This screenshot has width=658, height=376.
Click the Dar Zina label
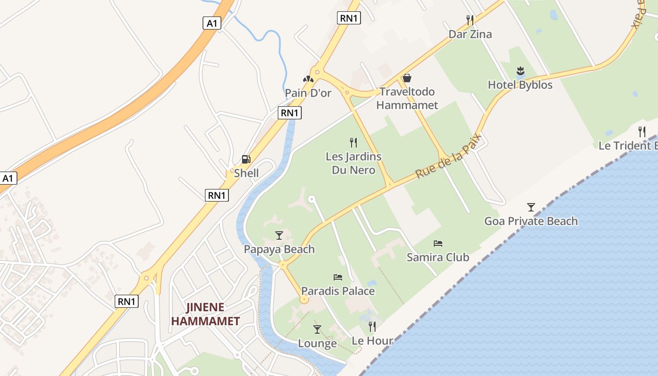[470, 34]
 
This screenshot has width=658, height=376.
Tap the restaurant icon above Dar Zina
[470, 20]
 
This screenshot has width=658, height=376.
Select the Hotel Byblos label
[520, 85]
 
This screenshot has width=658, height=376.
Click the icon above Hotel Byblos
[520, 71]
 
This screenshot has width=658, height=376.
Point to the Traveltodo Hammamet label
[407, 98]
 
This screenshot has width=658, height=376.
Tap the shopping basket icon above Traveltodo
[407, 78]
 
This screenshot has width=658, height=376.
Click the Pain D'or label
[308, 93]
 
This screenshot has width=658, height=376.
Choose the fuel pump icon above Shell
[246, 159]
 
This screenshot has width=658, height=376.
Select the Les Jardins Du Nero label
[353, 163]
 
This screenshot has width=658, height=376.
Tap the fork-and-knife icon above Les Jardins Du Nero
[353, 142]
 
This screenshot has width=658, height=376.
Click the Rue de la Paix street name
[448, 156]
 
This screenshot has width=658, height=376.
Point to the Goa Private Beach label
[531, 221]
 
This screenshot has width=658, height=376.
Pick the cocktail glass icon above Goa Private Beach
[531, 207]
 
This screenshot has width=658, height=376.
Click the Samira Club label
[438, 257]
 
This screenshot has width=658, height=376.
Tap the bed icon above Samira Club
[438, 243]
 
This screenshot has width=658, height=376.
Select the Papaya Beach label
[279, 249]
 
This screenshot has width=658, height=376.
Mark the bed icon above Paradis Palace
[338, 277]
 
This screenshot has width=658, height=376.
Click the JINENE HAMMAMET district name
[205, 314]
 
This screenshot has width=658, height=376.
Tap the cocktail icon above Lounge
[317, 329]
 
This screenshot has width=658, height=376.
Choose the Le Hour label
[372, 341]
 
